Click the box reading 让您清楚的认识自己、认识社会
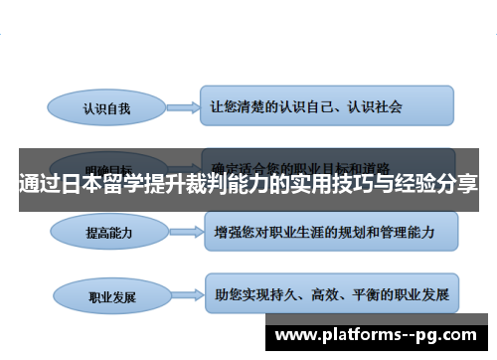[327, 103]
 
